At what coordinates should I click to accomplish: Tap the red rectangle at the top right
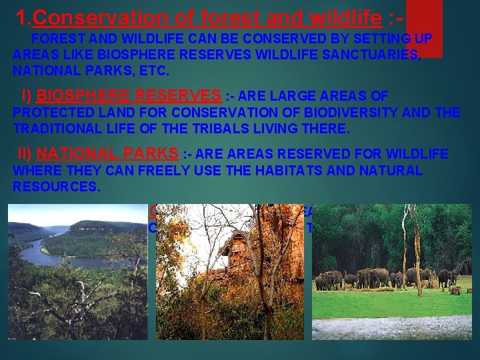click(424, 27)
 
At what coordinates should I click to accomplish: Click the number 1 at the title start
click(20, 17)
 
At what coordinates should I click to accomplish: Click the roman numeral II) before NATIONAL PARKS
click(28, 154)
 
